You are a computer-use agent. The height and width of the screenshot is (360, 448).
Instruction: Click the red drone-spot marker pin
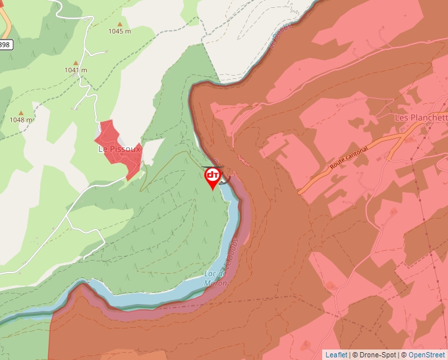[x=213, y=176]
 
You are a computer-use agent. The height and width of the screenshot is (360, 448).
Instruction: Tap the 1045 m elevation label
[x=120, y=31]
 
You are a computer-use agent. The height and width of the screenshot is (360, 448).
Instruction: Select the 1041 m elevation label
[x=76, y=70]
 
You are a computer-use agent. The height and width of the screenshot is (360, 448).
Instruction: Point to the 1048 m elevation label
[x=21, y=120]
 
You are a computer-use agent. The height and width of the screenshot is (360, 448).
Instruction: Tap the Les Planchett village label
[x=420, y=118]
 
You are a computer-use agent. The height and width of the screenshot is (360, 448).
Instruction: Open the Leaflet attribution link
[x=336, y=355]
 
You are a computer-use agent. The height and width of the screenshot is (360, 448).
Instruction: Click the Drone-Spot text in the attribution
[x=379, y=355]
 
